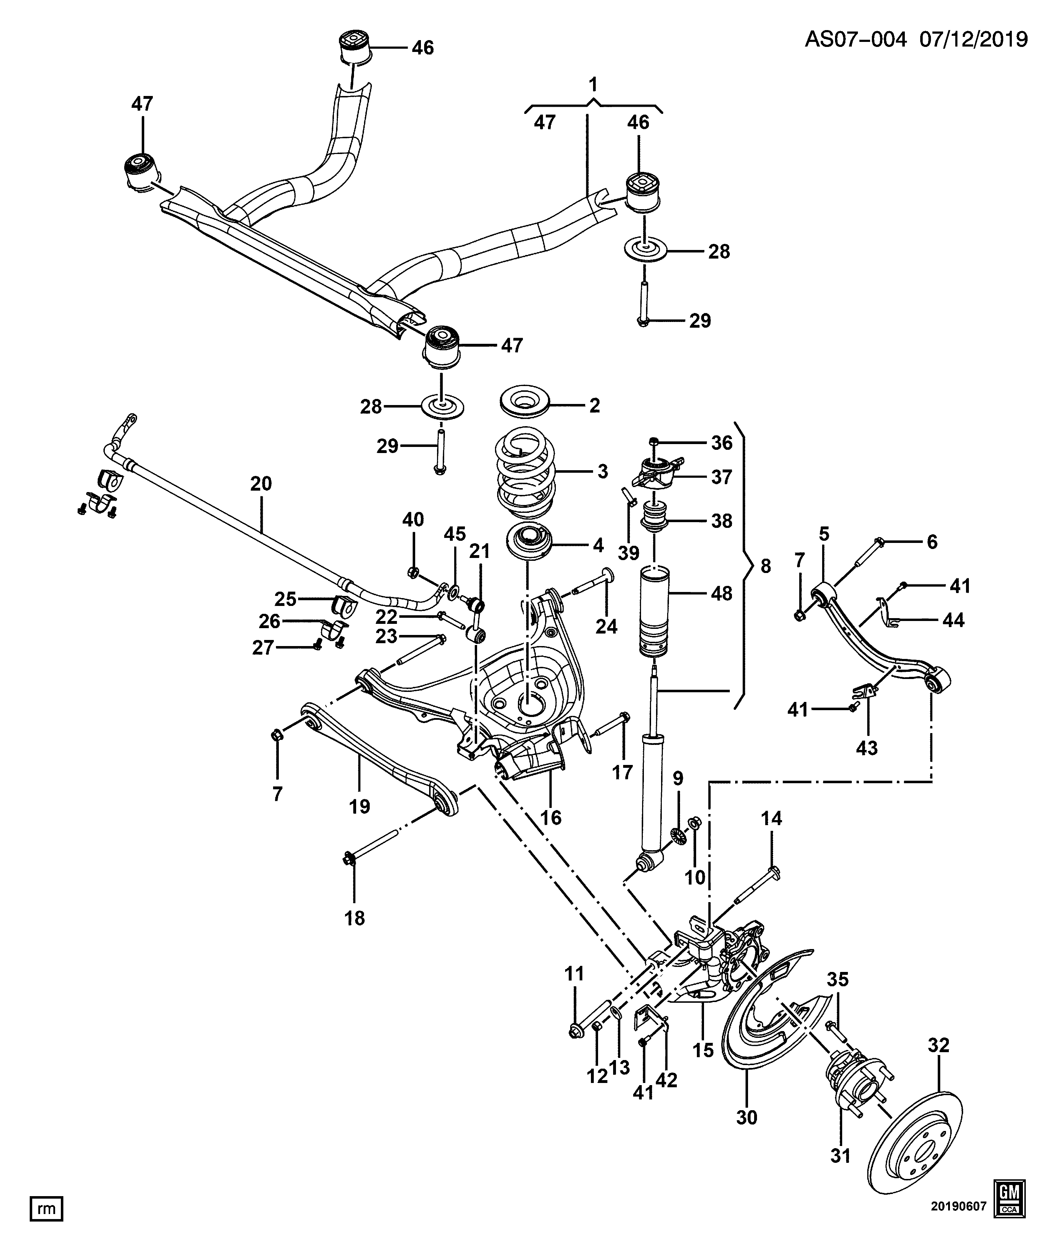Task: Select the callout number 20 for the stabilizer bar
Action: click(x=261, y=484)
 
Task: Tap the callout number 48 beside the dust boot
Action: click(x=721, y=593)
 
